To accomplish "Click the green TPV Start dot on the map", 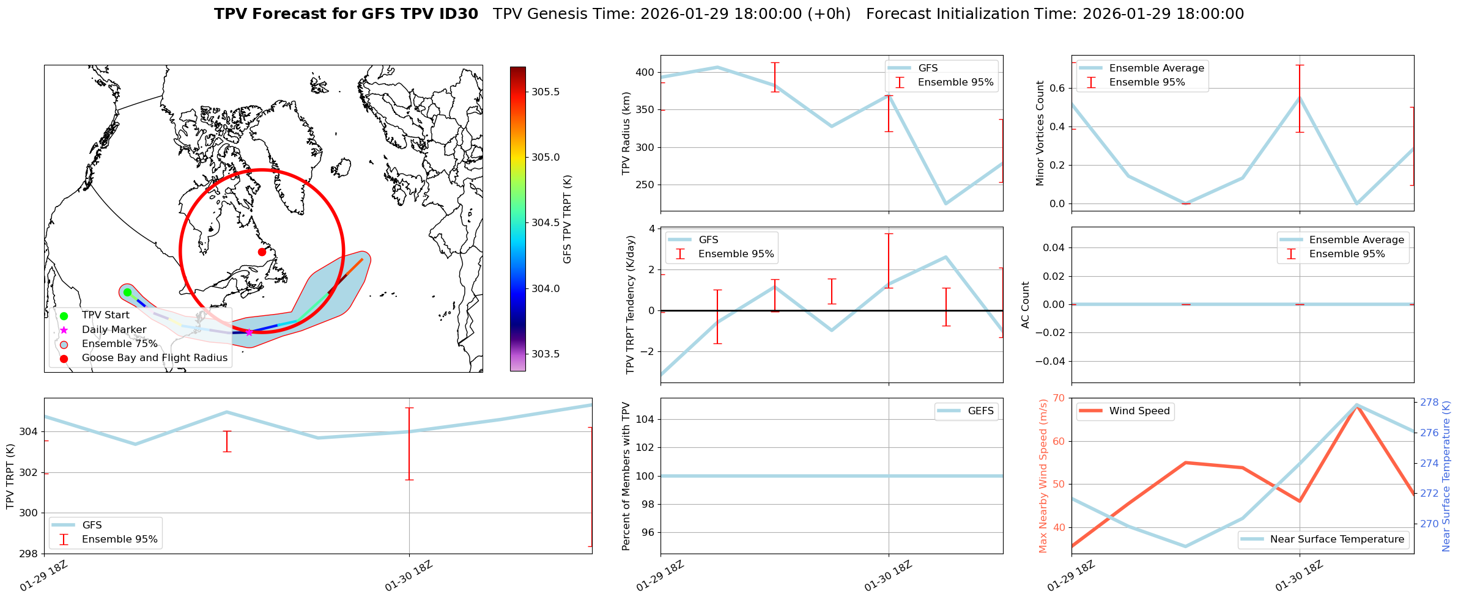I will pyautogui.click(x=127, y=292).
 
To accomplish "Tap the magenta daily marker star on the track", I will pyautogui.click(x=249, y=332).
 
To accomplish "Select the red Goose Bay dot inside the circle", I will pyautogui.click(x=262, y=252).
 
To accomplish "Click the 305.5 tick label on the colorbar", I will pyautogui.click(x=545, y=92).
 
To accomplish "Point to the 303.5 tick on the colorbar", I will pyautogui.click(x=545, y=354).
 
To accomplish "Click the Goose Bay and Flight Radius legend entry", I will pyautogui.click(x=154, y=358).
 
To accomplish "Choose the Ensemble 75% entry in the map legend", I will pyautogui.click(x=119, y=344).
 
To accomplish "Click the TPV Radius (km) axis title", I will pyautogui.click(x=626, y=133).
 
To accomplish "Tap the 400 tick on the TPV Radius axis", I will pyautogui.click(x=645, y=72).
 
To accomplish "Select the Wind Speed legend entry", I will pyautogui.click(x=1139, y=411).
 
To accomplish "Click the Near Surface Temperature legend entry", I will pyautogui.click(x=1336, y=540).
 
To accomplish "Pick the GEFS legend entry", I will pyautogui.click(x=980, y=411).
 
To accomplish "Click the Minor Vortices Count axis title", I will pyautogui.click(x=1040, y=133).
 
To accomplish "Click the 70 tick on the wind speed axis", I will pyautogui.click(x=1058, y=398).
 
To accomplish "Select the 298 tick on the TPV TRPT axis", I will pyautogui.click(x=29, y=554).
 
